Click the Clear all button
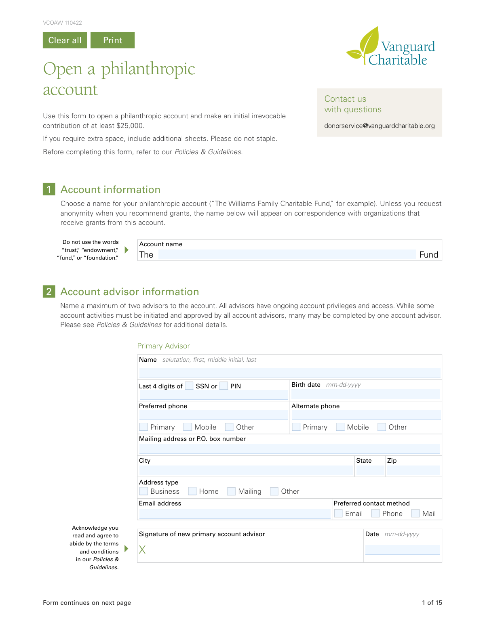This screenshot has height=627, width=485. click(x=65, y=40)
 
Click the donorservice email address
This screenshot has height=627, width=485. click(x=379, y=126)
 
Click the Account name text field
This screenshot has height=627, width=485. click(x=287, y=254)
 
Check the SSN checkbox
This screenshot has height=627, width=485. click(x=189, y=386)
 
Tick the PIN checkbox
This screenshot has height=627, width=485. click(x=224, y=386)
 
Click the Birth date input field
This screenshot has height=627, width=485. click(x=366, y=394)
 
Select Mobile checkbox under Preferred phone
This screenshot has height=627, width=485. click(x=188, y=427)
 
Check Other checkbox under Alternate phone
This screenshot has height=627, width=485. click(x=382, y=427)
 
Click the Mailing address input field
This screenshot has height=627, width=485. click(x=289, y=449)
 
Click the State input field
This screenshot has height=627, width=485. click(x=370, y=470)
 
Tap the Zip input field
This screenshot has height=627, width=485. click(x=413, y=470)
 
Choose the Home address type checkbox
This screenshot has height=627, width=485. click(x=192, y=491)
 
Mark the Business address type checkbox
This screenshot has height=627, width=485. click(x=143, y=491)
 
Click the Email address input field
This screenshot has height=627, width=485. click(x=234, y=514)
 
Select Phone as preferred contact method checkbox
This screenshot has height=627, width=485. click(x=375, y=513)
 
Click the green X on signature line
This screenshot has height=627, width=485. click(x=142, y=549)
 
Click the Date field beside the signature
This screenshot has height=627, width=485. click(x=403, y=549)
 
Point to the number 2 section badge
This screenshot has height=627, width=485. click(x=49, y=291)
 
